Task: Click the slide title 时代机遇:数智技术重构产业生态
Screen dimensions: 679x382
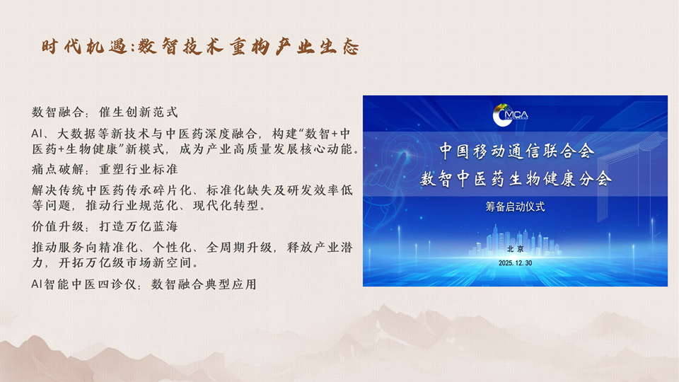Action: click(x=200, y=47)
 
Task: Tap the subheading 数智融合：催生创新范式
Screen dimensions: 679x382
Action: click(x=105, y=112)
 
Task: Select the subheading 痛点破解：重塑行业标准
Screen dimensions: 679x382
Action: click(x=105, y=169)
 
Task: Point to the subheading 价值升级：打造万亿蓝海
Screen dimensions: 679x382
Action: click(x=105, y=226)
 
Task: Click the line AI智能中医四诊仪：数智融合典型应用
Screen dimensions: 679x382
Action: click(x=144, y=284)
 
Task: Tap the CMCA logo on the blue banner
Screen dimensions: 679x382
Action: click(x=511, y=115)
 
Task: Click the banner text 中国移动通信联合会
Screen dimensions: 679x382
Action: click(x=516, y=151)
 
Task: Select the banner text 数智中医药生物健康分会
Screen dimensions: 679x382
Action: click(x=516, y=178)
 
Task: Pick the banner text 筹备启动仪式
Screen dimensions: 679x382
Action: click(x=515, y=207)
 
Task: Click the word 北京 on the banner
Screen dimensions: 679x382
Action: click(x=516, y=249)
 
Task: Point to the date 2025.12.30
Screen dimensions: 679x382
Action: click(x=516, y=263)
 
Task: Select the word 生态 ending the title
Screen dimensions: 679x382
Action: click(x=339, y=47)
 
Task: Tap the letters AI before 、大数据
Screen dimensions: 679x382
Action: click(x=37, y=134)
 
